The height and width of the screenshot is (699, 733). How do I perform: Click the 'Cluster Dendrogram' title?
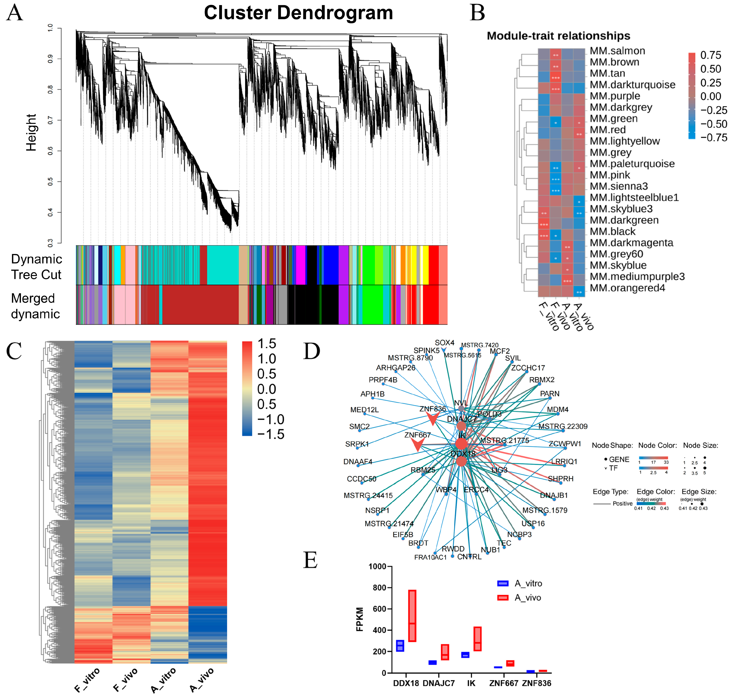click(298, 13)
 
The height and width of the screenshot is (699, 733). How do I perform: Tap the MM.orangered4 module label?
click(627, 288)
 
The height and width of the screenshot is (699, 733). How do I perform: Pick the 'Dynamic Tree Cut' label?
click(36, 267)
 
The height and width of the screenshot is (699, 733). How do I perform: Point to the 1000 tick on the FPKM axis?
click(377, 567)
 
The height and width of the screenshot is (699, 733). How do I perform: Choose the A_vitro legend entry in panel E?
click(520, 583)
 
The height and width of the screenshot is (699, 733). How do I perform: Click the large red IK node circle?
click(461, 443)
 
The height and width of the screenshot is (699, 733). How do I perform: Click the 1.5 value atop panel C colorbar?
click(267, 344)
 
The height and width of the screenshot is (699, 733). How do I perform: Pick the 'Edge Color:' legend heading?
click(656, 492)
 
